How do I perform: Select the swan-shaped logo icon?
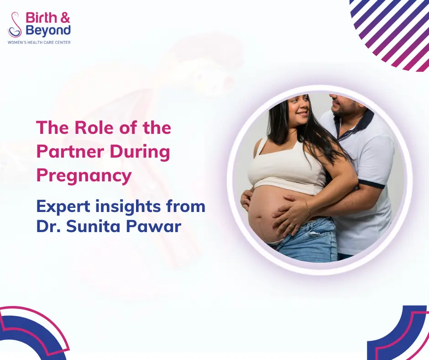coord(15,25)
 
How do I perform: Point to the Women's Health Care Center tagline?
coord(39,42)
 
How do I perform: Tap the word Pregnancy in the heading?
coord(84,175)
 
